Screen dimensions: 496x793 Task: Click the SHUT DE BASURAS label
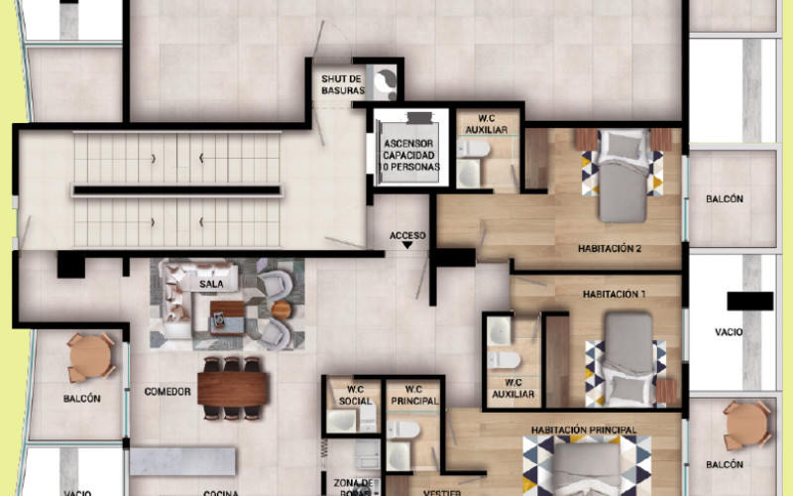(x=343, y=84)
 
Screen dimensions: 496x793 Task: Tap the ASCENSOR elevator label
(x=409, y=155)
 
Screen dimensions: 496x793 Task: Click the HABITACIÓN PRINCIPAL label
(x=583, y=430)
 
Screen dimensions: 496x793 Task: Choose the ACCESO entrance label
(x=407, y=236)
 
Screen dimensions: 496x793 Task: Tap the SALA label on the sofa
(x=210, y=284)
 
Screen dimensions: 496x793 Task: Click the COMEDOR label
(x=167, y=391)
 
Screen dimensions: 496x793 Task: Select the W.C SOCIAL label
(x=352, y=394)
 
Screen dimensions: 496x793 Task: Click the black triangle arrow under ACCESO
(x=407, y=249)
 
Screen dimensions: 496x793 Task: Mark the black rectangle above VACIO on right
(x=749, y=301)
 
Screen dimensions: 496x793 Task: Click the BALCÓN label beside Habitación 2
(x=725, y=198)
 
